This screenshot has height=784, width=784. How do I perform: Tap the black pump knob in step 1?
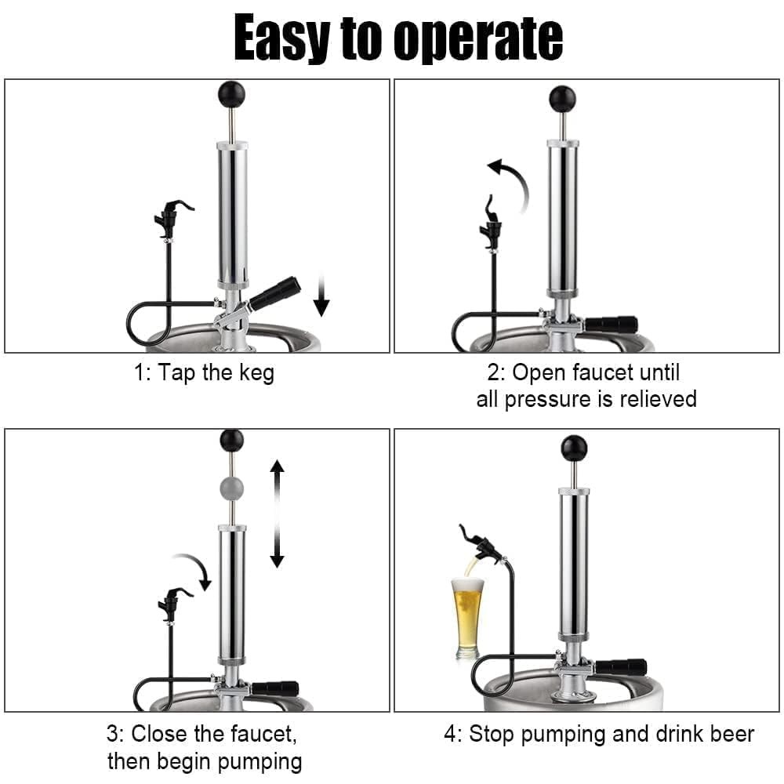(x=231, y=95)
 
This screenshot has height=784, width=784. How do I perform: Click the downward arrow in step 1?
(x=321, y=296)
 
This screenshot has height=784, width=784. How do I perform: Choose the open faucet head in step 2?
(x=492, y=223)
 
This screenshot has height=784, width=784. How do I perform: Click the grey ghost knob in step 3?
(x=231, y=488)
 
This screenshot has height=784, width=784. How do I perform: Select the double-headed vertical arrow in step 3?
(x=277, y=514)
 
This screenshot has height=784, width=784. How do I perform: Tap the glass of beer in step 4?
(x=466, y=615)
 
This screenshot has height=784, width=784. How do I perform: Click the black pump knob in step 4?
(x=574, y=448)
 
